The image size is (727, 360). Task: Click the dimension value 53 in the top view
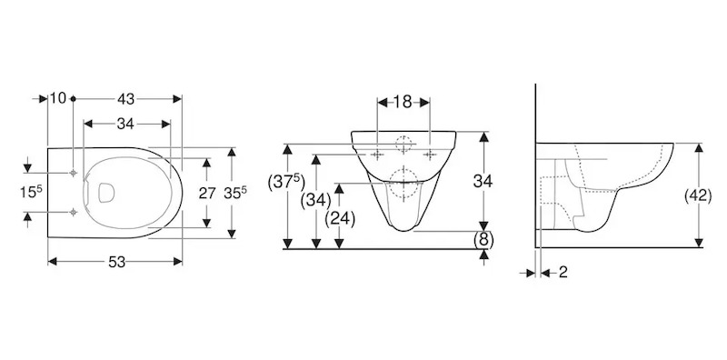pyautogui.click(x=117, y=262)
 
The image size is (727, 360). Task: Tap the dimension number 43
pyautogui.click(x=125, y=99)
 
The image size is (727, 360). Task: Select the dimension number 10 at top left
pyautogui.click(x=58, y=98)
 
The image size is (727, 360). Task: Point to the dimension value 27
pyautogui.click(x=207, y=193)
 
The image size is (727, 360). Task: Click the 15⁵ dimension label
pyautogui.click(x=31, y=191)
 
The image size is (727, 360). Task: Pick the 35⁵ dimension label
pyautogui.click(x=235, y=193)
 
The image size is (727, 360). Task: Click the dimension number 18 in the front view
pyautogui.click(x=403, y=102)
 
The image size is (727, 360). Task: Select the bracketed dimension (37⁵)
pyautogui.click(x=286, y=184)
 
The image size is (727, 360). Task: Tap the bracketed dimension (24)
pyautogui.click(x=340, y=218)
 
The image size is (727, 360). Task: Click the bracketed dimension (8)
pyautogui.click(x=483, y=240)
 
